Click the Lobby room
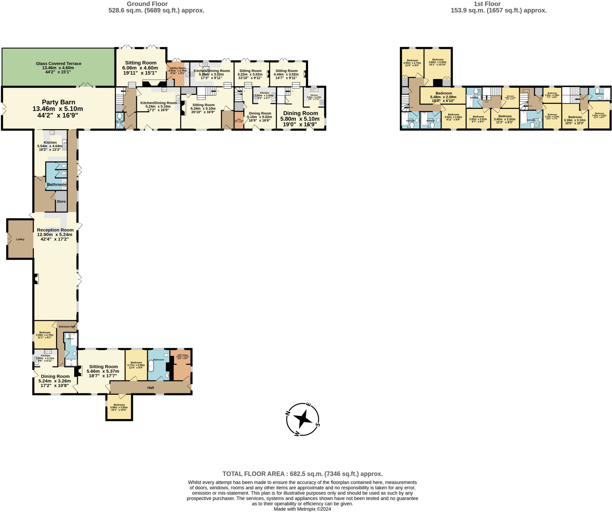tap(20, 239)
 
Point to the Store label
tap(61, 202)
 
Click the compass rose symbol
tap(303, 419)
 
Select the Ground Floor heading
tap(147, 4)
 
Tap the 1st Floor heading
tap(487, 4)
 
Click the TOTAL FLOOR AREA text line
tap(302, 474)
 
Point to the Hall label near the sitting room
tap(151, 388)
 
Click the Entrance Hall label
tap(67, 327)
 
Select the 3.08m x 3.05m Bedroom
tap(119, 407)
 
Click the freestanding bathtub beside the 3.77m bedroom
tap(151, 366)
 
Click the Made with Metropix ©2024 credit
tap(302, 509)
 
